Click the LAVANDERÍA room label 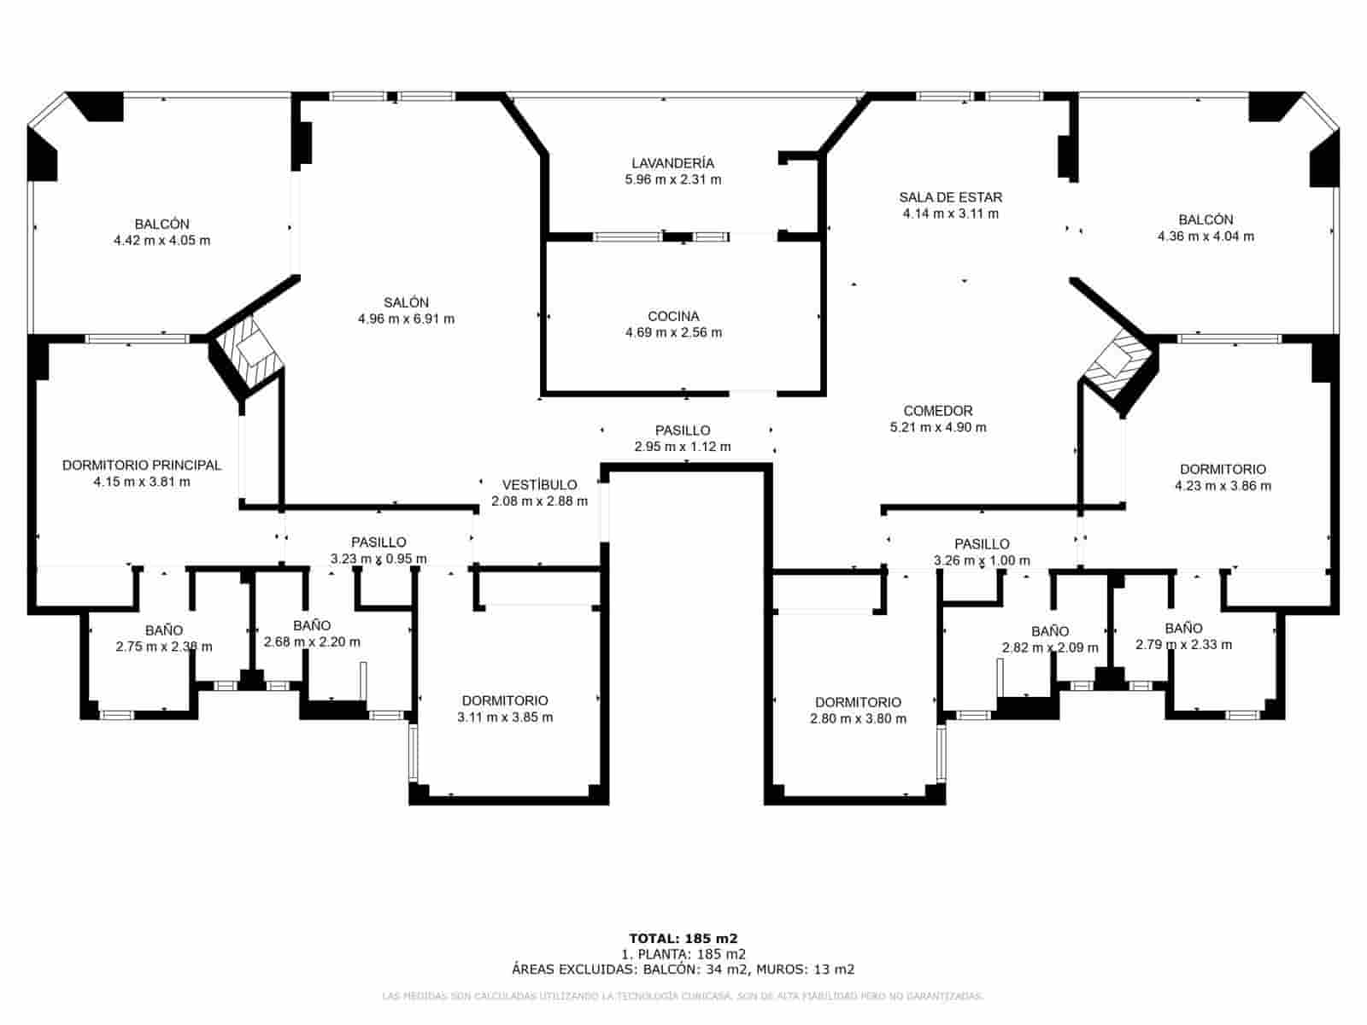(x=672, y=163)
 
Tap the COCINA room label (x=673, y=316)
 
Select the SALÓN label (x=406, y=302)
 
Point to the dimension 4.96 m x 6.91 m (x=406, y=319)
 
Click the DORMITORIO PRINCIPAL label (x=142, y=466)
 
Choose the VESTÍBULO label (x=539, y=485)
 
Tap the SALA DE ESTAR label (x=950, y=197)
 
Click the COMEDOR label (x=937, y=411)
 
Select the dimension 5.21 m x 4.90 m (x=937, y=427)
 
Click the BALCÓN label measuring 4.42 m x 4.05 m (x=161, y=224)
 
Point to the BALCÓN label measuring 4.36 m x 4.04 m (x=1206, y=220)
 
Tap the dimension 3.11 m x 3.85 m (x=505, y=717)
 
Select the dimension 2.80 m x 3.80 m (x=858, y=719)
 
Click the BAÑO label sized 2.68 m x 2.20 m (x=312, y=626)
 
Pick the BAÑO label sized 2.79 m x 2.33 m (x=1183, y=629)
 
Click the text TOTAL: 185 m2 (x=683, y=938)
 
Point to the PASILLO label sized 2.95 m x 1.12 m (x=683, y=430)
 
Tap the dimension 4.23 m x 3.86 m (x=1223, y=486)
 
